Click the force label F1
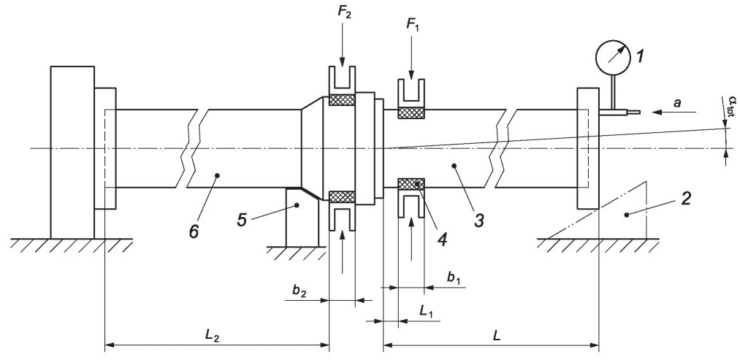pos(412,25)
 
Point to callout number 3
pos(478,219)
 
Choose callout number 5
pos(242,219)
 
